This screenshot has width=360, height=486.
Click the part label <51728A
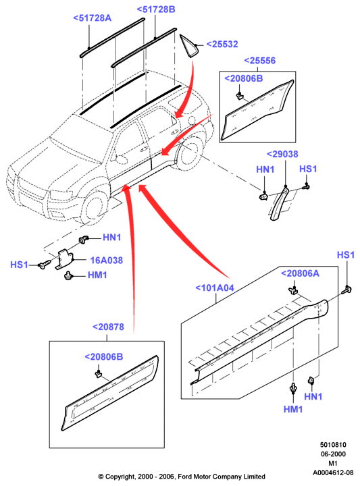click(92, 18)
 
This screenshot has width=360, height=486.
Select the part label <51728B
click(156, 9)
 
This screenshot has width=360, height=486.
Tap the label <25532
click(222, 44)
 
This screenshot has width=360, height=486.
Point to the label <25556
click(260, 61)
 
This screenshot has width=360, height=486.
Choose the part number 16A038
click(106, 260)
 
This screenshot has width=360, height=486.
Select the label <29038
click(282, 154)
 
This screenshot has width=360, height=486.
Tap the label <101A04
click(215, 288)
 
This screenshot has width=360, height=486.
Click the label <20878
click(108, 327)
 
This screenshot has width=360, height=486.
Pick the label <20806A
click(300, 273)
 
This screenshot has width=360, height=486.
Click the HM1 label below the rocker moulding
click(293, 409)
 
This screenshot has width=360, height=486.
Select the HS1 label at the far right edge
click(345, 254)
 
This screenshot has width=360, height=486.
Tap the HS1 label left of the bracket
click(19, 265)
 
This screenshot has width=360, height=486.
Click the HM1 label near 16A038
click(97, 275)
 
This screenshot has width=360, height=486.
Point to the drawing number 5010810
click(333, 445)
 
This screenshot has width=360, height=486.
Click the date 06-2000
click(333, 454)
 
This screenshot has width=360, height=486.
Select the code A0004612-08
click(333, 473)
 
